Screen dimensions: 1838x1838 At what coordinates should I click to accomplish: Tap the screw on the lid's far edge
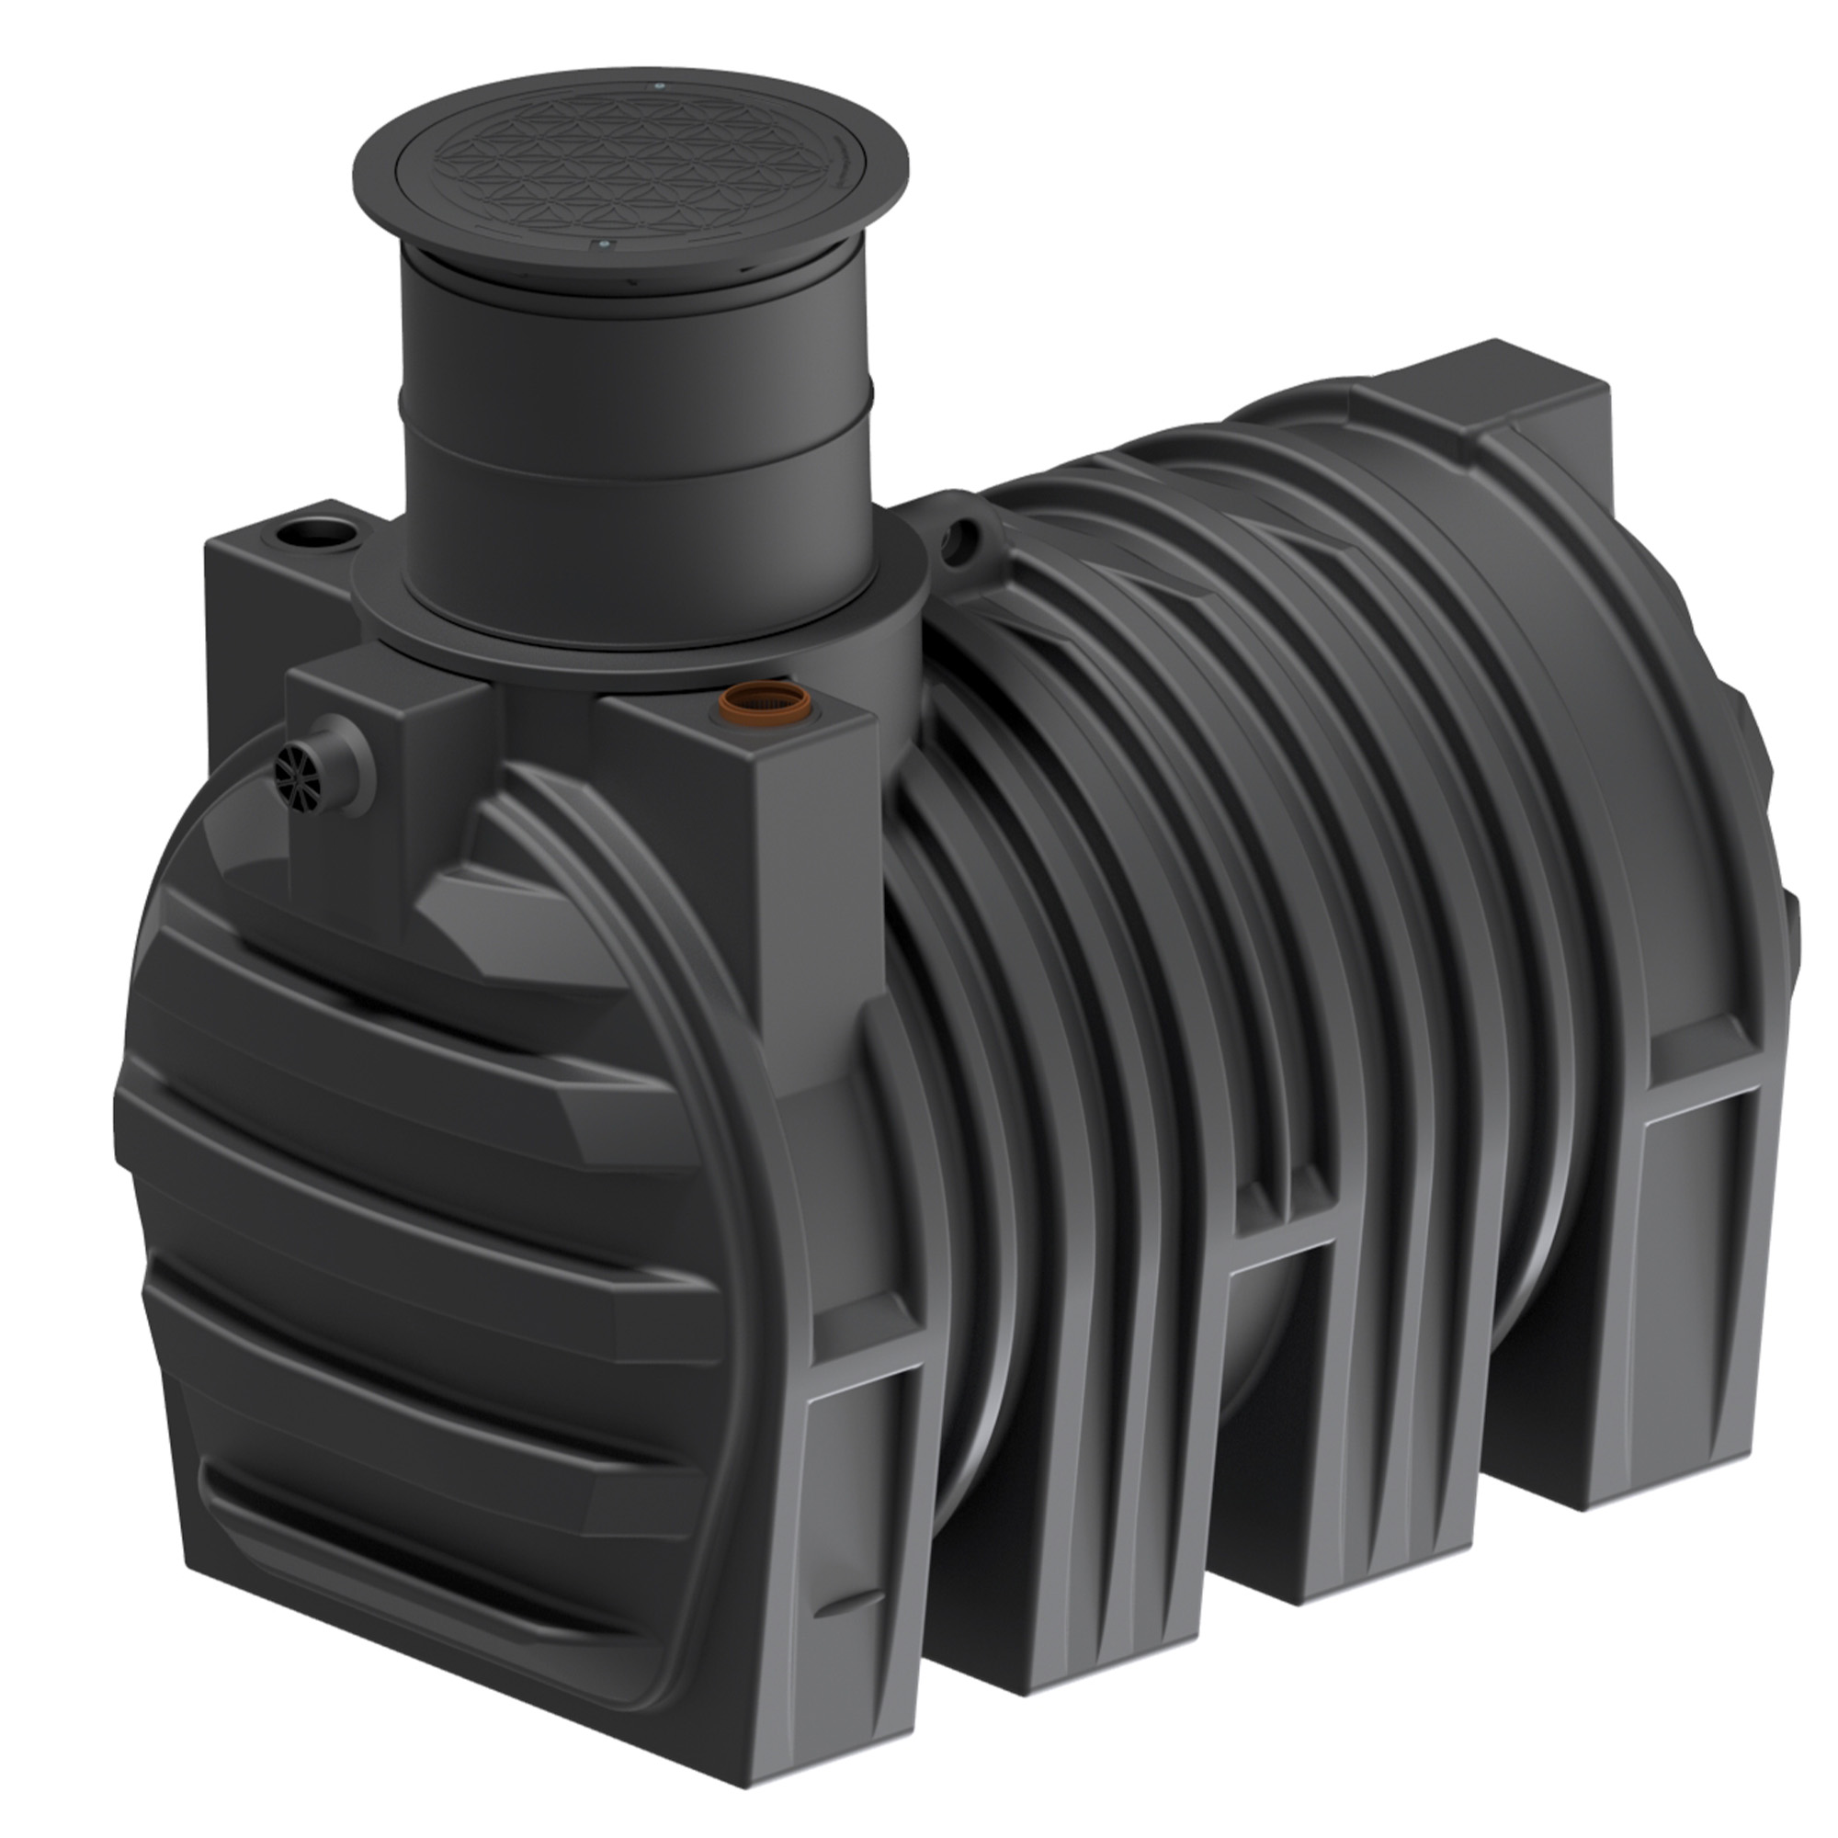(658, 86)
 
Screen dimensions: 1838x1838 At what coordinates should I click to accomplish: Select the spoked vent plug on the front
(296, 765)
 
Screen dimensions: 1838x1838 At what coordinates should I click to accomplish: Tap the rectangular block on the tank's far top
(1513, 400)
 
